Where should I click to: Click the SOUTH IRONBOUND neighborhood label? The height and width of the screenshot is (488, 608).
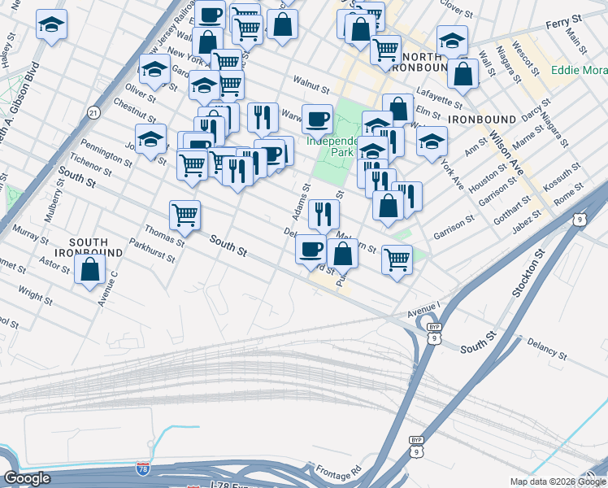pyautogui.click(x=95, y=247)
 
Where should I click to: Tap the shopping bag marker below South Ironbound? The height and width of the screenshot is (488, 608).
pyautogui.click(x=89, y=269)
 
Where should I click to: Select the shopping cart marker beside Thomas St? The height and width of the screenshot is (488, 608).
pyautogui.click(x=185, y=216)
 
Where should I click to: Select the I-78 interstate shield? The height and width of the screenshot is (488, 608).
pyautogui.click(x=143, y=469)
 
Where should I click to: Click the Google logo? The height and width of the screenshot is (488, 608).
pyautogui.click(x=27, y=478)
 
